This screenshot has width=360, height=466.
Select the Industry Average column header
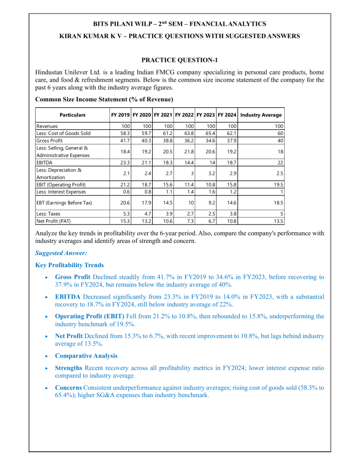tap(261, 115)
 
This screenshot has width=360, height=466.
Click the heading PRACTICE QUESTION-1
tap(180, 60)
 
